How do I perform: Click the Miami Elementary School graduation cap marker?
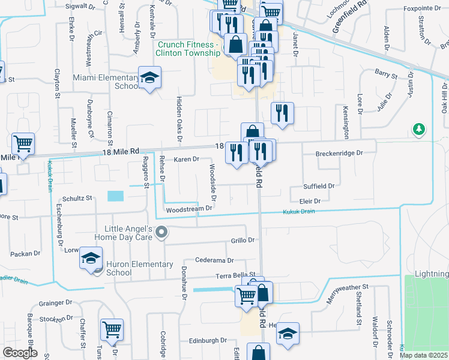tap(149, 77)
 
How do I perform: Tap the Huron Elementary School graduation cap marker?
tap(91, 258)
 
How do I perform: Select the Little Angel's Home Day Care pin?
tap(161, 232)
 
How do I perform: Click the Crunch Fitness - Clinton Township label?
tap(188, 49)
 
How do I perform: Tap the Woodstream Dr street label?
tap(189, 209)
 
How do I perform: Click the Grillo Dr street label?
tap(243, 240)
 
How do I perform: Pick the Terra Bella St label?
tap(240, 275)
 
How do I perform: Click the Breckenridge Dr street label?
tap(340, 153)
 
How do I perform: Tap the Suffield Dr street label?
tap(319, 186)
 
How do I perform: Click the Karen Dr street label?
tap(186, 159)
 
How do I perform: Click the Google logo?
tap(20, 353)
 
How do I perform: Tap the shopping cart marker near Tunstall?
tap(112, 329)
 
